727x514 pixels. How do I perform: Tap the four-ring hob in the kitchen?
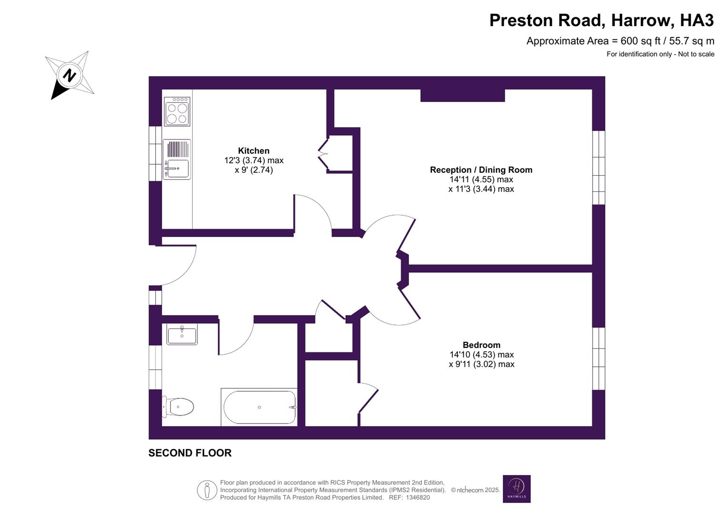(177, 112)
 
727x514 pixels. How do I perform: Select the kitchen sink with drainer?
(177, 159)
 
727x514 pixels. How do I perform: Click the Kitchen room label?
(254, 151)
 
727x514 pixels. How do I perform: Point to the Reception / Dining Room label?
(481, 170)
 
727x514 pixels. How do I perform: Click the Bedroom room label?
(481, 345)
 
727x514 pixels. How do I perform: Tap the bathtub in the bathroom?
(259, 407)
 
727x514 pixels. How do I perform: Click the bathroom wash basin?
(182, 334)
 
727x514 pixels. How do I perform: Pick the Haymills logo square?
(517, 489)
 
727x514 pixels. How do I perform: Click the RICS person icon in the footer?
(207, 490)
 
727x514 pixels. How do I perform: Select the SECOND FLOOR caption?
(190, 453)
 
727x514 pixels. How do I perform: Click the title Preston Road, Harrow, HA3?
(601, 20)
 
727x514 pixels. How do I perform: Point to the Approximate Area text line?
(620, 41)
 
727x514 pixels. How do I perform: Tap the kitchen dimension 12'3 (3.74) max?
(254, 160)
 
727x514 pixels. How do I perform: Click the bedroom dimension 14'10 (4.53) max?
(481, 355)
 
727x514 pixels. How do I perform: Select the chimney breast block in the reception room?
(462, 95)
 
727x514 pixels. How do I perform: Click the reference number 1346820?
(417, 497)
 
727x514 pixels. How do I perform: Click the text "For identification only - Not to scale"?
(660, 54)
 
